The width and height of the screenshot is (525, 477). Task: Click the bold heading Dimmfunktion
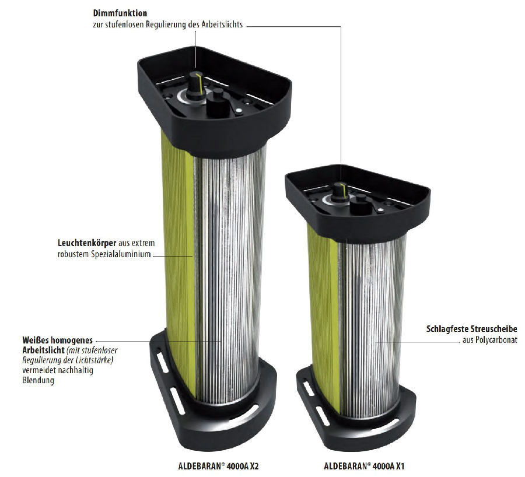pyautogui.click(x=120, y=13)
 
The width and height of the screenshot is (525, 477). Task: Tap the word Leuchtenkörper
pyautogui.click(x=87, y=243)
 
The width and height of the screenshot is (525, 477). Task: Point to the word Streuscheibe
pyautogui.click(x=494, y=329)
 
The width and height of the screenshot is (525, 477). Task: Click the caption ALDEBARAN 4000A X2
pyautogui.click(x=218, y=467)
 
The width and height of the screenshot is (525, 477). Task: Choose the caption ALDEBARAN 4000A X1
pyautogui.click(x=364, y=467)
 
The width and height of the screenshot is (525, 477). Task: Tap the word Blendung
pyautogui.click(x=38, y=381)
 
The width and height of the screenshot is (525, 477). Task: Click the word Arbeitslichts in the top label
pyautogui.click(x=222, y=24)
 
